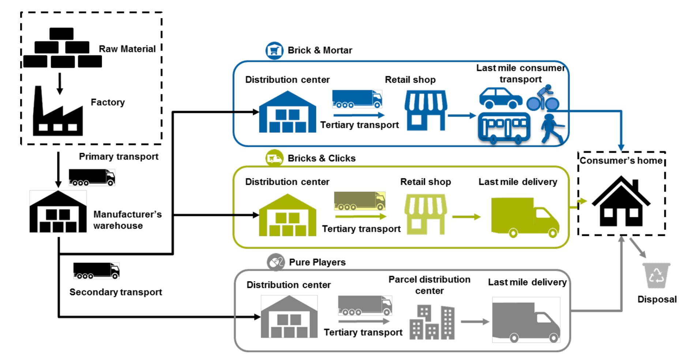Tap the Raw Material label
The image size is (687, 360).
127,49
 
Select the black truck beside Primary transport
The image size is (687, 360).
92,177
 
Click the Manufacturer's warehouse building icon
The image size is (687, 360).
58,212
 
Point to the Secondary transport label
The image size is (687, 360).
116,292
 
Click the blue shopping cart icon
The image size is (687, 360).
274,50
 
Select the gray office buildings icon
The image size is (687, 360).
432,322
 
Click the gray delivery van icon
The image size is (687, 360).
526,320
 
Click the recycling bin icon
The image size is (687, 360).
656,275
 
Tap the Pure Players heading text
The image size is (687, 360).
317,262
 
